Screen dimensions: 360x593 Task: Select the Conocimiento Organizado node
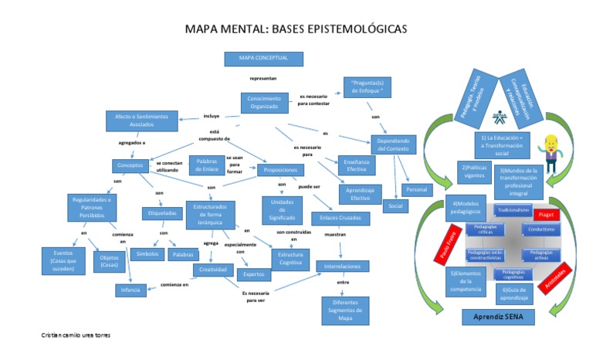[265, 104]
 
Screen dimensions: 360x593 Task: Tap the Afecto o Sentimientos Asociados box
[141, 120]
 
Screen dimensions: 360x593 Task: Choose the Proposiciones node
[281, 169]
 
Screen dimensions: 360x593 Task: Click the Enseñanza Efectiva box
[357, 165]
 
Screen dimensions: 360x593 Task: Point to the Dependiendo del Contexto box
[394, 144]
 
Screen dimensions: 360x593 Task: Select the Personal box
[417, 189]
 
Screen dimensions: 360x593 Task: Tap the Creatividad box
[213, 270]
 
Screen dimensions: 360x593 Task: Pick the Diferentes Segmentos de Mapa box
[345, 310]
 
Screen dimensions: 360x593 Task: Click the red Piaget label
[547, 213]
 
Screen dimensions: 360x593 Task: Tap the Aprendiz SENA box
[498, 318]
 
